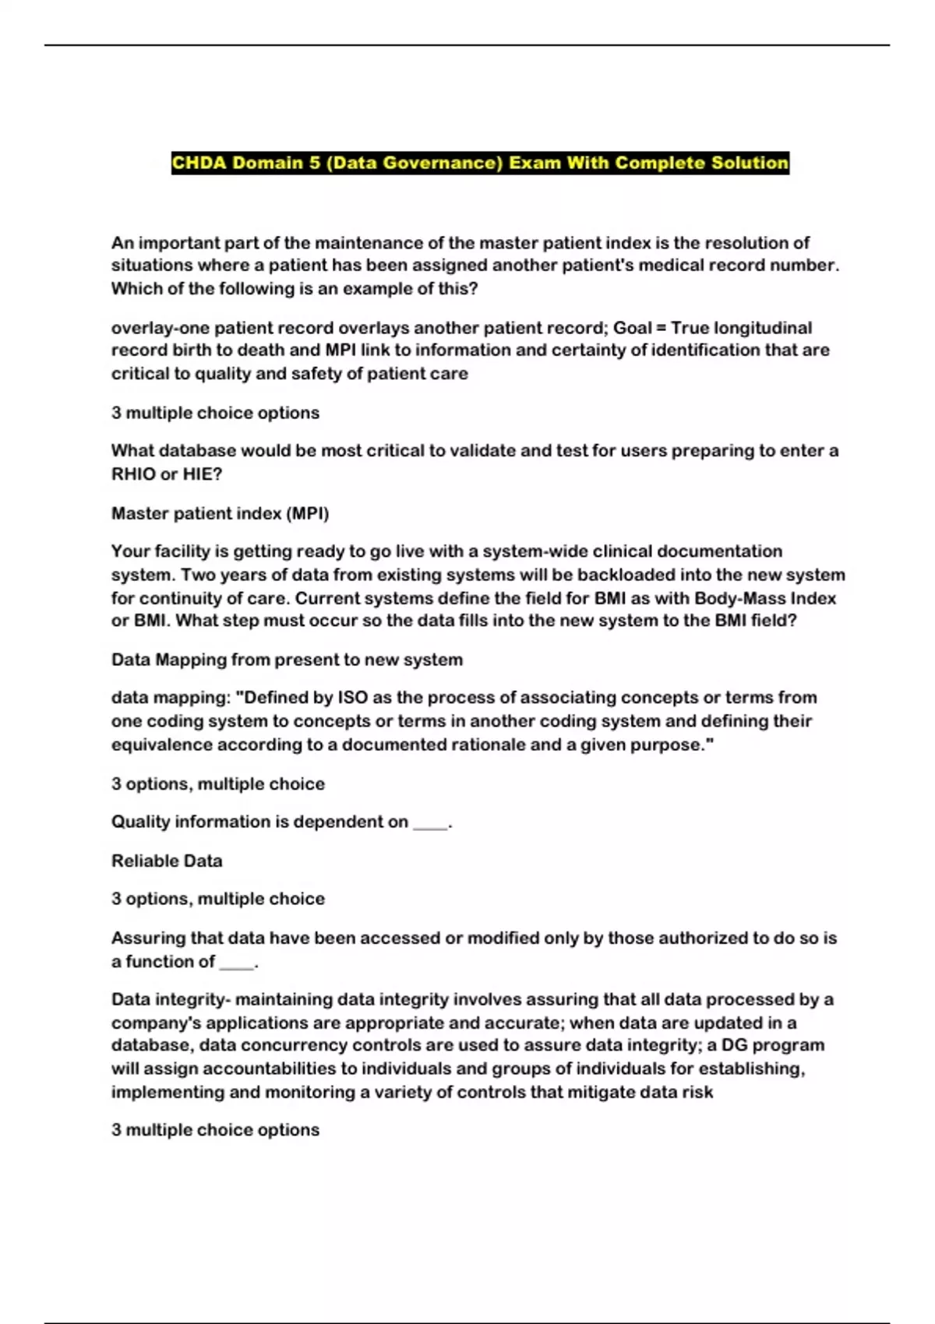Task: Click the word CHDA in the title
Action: click(199, 163)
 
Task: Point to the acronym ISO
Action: click(353, 697)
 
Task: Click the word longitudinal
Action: click(763, 328)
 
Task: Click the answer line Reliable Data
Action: click(167, 861)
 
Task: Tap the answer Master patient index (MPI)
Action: click(220, 513)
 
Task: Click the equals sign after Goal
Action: click(661, 328)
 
